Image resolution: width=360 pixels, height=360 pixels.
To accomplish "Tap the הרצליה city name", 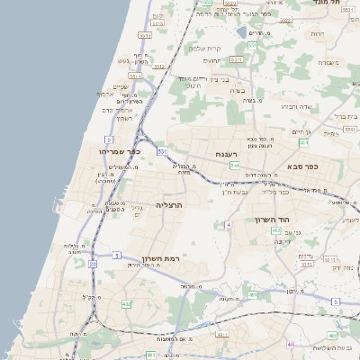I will [x=169, y=205].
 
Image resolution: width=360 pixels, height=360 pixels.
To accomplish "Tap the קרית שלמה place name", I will [x=207, y=48].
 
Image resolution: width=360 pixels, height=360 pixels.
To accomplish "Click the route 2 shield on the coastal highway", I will [x=109, y=139].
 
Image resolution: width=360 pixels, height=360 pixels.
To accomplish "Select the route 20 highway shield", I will [x=93, y=264].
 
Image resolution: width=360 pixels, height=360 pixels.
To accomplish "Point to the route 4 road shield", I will [x=229, y=223].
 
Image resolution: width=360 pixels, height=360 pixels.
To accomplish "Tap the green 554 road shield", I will [x=303, y=142].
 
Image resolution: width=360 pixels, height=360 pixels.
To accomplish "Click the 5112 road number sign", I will [x=306, y=265].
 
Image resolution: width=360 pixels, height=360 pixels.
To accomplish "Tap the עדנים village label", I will [x=304, y=256].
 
